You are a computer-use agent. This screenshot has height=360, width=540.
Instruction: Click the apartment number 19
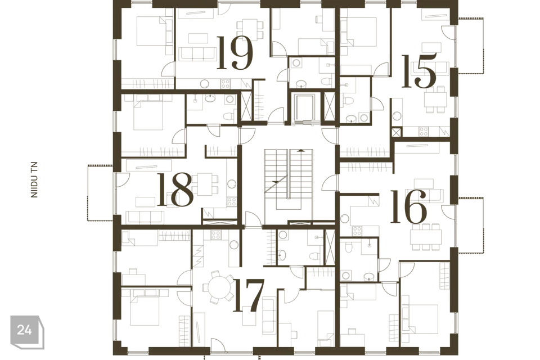(236, 53)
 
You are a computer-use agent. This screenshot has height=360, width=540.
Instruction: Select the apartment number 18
(175, 190)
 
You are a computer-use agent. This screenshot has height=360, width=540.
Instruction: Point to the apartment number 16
(409, 206)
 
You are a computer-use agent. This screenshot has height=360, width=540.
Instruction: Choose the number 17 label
(249, 295)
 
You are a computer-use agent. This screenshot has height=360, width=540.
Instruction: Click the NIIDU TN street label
(34, 180)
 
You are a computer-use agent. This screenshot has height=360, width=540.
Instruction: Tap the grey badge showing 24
(27, 331)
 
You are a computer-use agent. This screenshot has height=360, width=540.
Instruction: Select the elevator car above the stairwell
(303, 106)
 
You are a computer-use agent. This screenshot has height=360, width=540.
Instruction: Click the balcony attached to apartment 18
(100, 192)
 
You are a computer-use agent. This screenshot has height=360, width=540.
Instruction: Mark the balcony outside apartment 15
(471, 45)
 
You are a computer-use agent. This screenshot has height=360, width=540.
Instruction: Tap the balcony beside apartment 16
(471, 225)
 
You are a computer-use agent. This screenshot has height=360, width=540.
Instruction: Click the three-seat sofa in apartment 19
(197, 54)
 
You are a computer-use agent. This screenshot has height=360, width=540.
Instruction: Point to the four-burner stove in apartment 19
(225, 83)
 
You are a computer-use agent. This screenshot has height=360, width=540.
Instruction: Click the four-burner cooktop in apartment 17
(216, 235)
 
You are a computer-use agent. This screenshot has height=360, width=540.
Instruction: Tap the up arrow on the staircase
(301, 150)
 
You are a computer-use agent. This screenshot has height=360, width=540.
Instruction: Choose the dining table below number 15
(435, 100)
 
